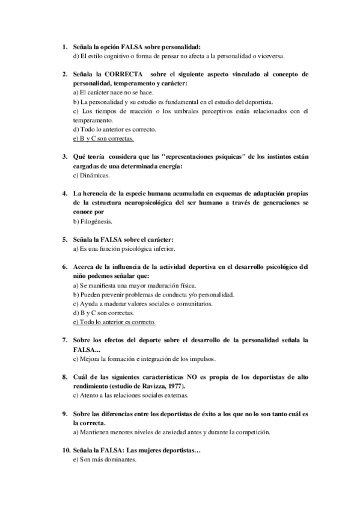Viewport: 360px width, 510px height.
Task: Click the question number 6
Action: click(x=65, y=266)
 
